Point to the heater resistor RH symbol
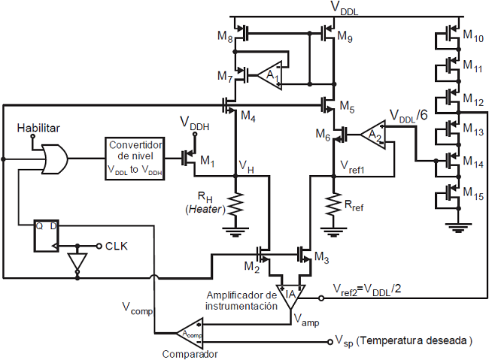click(237, 203)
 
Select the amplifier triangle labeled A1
click(269, 74)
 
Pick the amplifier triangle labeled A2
click(372, 135)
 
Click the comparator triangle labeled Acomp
click(188, 331)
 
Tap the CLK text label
click(116, 246)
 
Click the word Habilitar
click(39, 129)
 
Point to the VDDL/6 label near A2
click(409, 116)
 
